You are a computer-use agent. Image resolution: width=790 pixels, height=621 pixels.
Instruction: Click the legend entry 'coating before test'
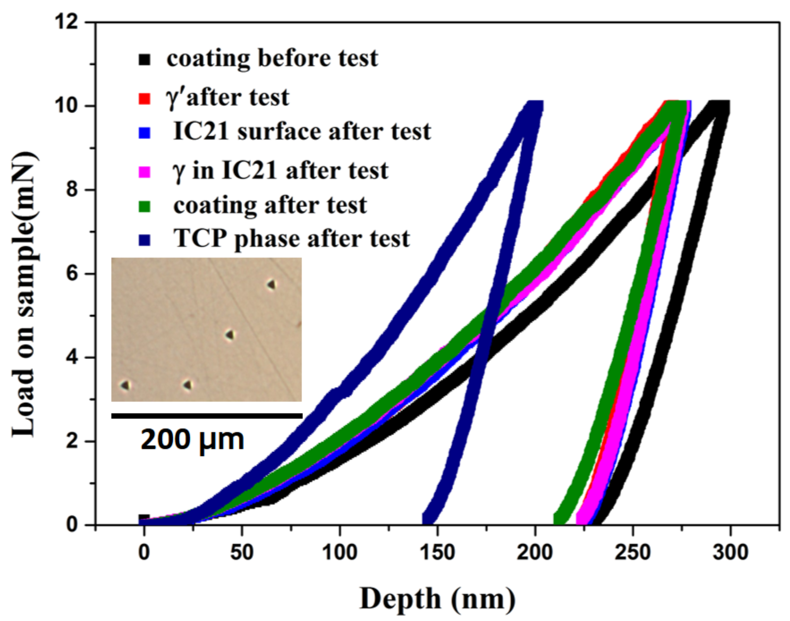point(273,58)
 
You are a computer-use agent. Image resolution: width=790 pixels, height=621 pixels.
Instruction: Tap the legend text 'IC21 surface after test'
point(302,132)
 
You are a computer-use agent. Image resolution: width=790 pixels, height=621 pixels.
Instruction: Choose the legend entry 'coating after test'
point(270,206)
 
